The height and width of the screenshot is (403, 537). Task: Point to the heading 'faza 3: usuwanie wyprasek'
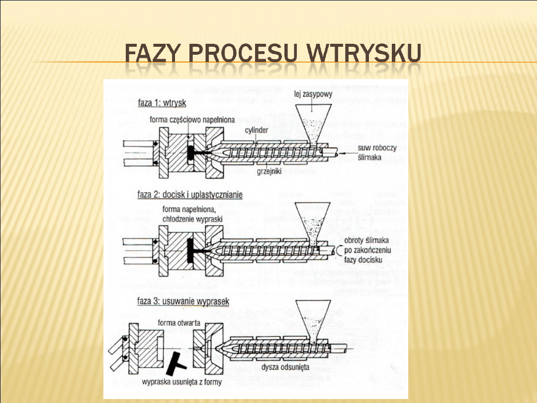[x=183, y=302]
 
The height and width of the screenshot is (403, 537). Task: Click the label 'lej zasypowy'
[x=310, y=93]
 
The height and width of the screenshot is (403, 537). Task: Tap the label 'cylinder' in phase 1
[x=256, y=130]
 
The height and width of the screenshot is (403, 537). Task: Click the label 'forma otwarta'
[x=179, y=323]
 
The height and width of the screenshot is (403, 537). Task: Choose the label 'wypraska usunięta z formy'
[x=181, y=382]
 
